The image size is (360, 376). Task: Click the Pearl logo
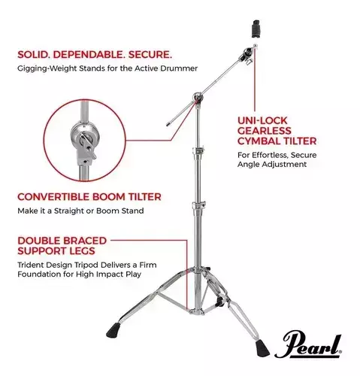point(308,344)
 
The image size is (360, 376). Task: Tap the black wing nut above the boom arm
point(256,29)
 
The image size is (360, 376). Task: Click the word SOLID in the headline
point(33,54)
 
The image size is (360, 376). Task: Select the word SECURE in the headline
point(150,54)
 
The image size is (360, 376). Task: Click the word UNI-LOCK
point(262,120)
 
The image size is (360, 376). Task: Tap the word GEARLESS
point(265,131)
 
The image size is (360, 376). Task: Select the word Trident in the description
point(29,265)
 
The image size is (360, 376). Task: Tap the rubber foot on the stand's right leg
point(262,347)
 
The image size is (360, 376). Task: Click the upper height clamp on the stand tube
point(198,150)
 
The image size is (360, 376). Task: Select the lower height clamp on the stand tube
point(199,205)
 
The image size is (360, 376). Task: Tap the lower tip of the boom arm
point(168,124)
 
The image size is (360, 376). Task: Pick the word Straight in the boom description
point(69,211)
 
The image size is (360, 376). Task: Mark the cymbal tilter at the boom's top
point(247,55)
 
